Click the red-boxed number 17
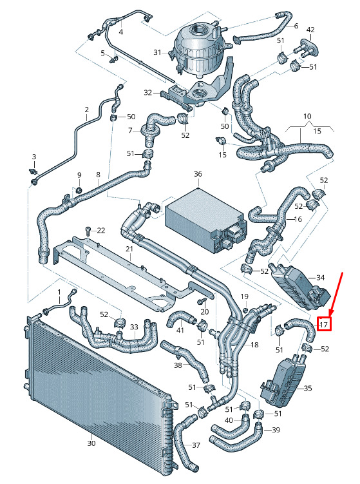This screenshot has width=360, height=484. tap(323, 324)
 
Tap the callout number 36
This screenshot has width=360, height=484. tap(198, 174)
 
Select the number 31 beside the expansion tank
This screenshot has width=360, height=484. tap(158, 52)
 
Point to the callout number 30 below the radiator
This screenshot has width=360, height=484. tap(91, 443)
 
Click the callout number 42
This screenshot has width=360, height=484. tap(310, 30)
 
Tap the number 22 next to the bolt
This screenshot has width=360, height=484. tap(101, 230)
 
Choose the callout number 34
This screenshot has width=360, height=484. tap(321, 278)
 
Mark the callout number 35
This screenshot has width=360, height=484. tap(308, 388)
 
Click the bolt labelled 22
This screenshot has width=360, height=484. tap(88, 231)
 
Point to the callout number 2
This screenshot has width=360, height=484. tap(87, 110)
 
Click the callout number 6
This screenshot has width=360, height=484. tap(296, 26)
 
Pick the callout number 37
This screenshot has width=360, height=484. tap(196, 445)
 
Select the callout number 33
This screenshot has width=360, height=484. tap(134, 327)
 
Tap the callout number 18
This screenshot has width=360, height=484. tap(254, 345)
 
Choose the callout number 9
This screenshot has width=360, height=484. tap(79, 175)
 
